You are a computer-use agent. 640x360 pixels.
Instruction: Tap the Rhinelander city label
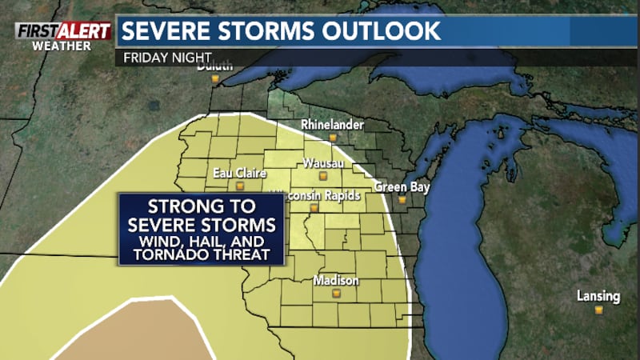(332, 125)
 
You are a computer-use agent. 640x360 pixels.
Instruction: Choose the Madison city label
(336, 281)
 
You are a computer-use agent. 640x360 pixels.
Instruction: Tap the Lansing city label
(598, 296)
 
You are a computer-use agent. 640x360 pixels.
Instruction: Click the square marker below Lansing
(598, 310)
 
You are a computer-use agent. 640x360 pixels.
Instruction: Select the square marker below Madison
(336, 294)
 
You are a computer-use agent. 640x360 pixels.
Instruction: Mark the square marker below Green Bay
(402, 199)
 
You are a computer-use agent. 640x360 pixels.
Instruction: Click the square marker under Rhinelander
(332, 138)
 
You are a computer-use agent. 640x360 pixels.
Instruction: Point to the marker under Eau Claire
(238, 186)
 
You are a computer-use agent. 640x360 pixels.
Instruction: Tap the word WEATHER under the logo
(61, 45)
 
